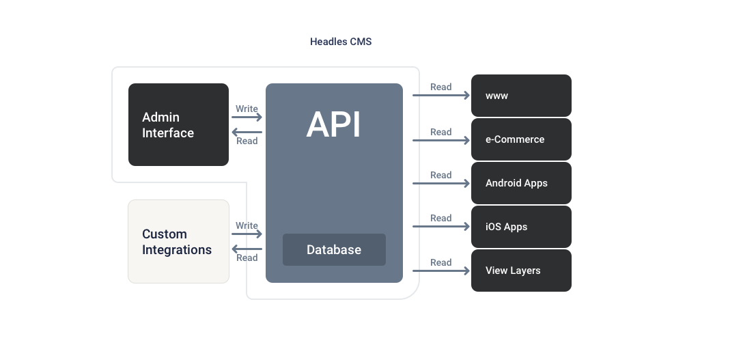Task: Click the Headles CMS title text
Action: coord(341,42)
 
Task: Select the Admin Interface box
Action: coord(178,124)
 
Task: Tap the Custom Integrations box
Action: coord(178,241)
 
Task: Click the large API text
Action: coord(333,125)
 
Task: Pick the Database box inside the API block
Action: coord(334,249)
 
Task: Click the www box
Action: coord(521,96)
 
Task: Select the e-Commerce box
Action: coord(521,139)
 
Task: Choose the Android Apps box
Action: coord(521,183)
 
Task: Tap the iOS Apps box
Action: coord(521,227)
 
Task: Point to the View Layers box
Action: coord(521,271)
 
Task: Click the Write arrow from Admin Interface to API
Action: coord(247,117)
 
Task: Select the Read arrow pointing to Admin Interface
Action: coord(247,132)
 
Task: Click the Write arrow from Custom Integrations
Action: coord(247,234)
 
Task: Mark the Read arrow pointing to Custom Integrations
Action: coord(247,249)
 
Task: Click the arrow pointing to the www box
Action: coord(441,96)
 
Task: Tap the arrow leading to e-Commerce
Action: coord(441,140)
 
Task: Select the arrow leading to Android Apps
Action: coord(441,183)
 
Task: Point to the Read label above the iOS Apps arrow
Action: coord(441,218)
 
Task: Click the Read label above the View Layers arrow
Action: coord(441,262)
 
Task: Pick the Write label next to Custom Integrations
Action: coord(247,225)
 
